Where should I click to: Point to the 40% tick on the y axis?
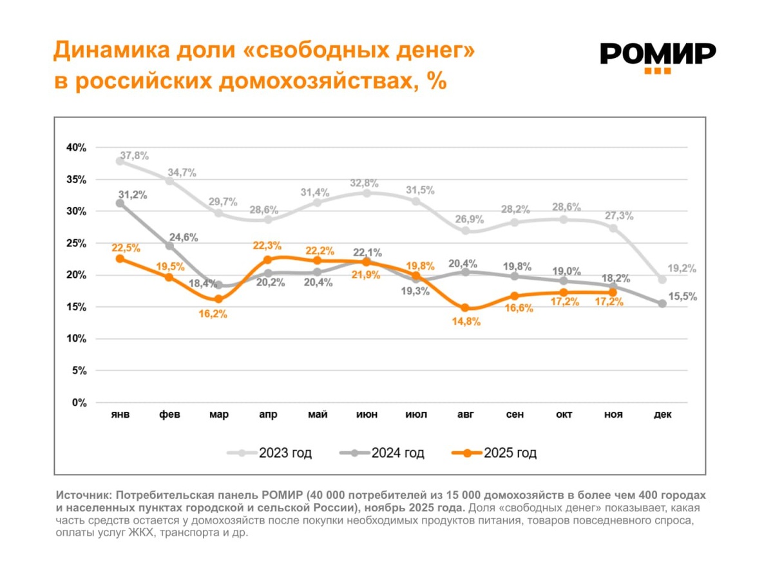(x=76, y=148)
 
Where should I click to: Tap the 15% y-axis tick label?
(x=76, y=307)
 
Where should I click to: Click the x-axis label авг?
(x=465, y=415)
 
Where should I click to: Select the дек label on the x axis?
(x=663, y=415)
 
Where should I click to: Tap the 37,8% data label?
(x=134, y=155)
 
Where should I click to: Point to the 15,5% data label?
(x=683, y=297)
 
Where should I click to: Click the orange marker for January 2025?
(x=120, y=259)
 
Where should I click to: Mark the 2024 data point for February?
(x=169, y=246)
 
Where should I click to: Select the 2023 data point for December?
(x=662, y=279)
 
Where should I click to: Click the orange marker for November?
(x=613, y=293)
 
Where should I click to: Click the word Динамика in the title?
(x=103, y=50)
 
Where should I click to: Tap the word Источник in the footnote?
(x=81, y=495)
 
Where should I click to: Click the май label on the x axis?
(x=317, y=415)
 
